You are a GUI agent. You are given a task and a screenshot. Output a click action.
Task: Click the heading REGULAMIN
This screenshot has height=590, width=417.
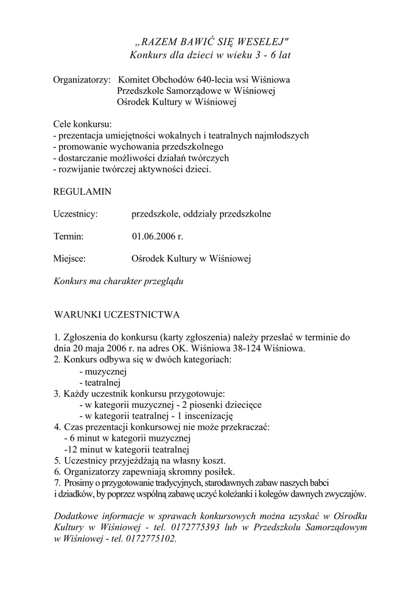82,191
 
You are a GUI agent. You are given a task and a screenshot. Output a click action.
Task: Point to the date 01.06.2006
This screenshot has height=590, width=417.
153,236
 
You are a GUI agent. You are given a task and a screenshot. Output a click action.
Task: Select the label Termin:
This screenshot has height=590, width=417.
69,236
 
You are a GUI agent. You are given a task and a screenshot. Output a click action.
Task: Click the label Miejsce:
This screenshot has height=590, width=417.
70,259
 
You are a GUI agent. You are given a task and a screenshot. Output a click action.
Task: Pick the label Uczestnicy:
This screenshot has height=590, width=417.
75,214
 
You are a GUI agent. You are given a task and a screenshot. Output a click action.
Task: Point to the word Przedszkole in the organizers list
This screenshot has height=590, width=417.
141,91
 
